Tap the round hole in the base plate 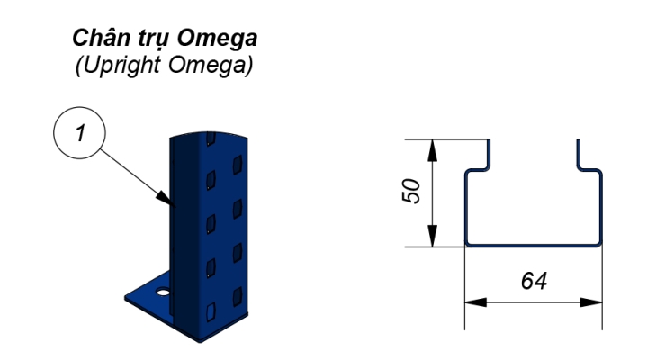(x=162, y=292)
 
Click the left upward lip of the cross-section (x=488, y=153)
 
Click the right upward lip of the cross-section (x=578, y=153)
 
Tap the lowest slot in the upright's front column (x=210, y=311)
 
